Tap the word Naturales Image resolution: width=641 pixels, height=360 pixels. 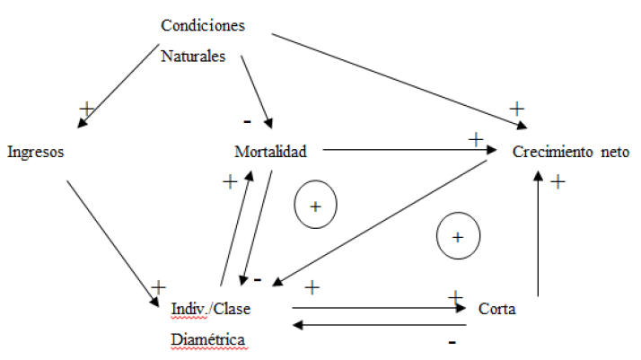coord(193,55)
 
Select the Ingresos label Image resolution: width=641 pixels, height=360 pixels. coord(35,152)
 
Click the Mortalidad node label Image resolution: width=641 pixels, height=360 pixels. coord(270,152)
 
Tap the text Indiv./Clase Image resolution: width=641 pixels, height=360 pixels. coord(210,310)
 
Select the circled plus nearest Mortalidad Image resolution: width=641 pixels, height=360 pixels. coord(315,206)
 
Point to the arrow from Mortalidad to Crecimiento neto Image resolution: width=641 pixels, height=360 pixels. coord(408,151)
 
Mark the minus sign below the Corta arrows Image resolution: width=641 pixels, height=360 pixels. coord(452,342)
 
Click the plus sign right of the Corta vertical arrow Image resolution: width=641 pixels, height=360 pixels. coord(557,181)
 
